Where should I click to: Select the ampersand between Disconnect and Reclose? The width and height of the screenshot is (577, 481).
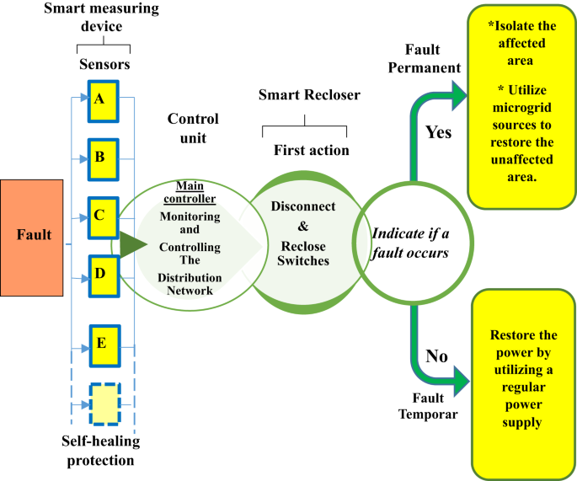pos(303,227)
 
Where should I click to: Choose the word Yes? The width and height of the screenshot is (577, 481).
pos(437,131)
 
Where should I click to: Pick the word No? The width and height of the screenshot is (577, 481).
pos(436,355)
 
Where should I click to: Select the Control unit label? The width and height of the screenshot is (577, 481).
pos(193,128)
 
